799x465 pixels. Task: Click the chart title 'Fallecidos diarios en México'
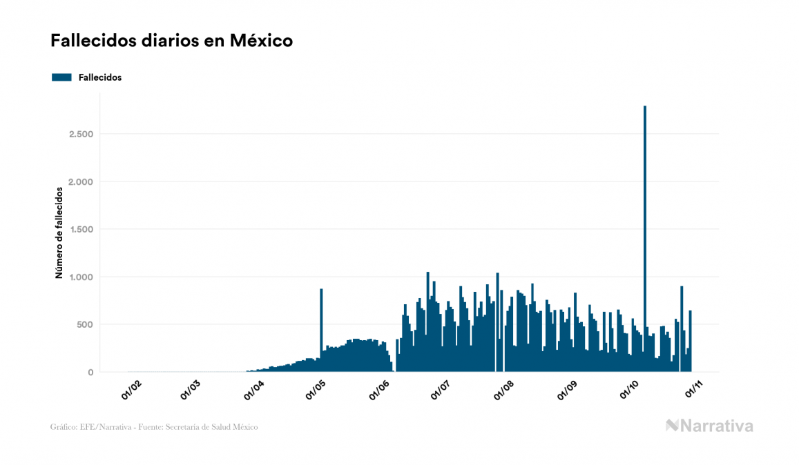pos(171,41)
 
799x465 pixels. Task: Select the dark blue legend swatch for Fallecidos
pos(61,77)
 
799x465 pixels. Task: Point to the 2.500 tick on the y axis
pos(81,134)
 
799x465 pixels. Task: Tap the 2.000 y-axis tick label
pos(81,181)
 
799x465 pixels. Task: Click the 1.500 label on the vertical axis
pos(81,229)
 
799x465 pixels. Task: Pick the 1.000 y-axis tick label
pos(81,277)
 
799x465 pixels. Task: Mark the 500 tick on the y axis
pos(85,324)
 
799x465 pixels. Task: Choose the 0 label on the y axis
pos(90,373)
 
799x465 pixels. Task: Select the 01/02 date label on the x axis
pos(131,389)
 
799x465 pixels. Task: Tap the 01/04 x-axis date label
pos(255,389)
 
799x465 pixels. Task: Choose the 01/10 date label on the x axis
pos(631,389)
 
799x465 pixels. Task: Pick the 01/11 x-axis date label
pos(693,389)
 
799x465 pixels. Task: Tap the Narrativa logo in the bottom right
pos(709,426)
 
